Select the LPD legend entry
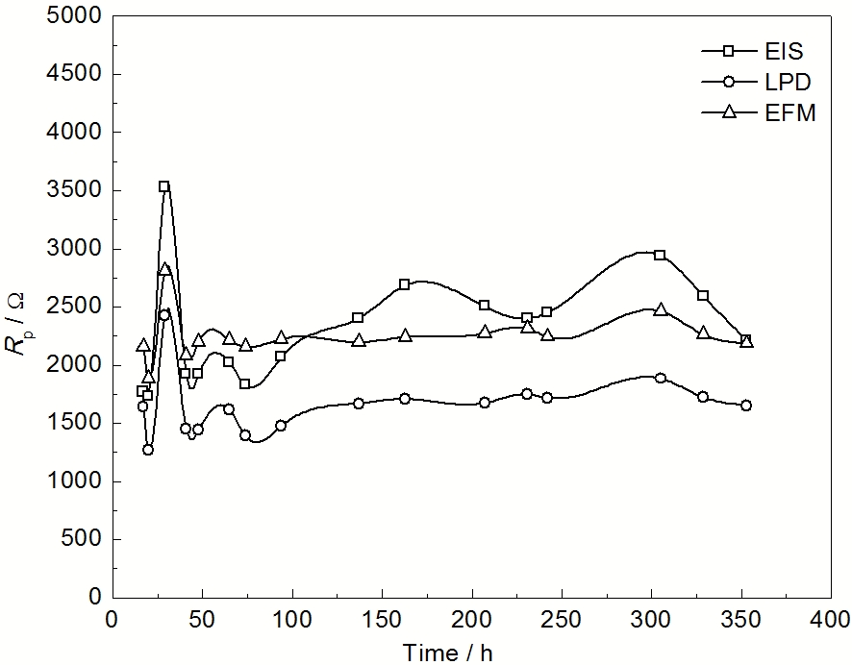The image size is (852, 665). pos(759,83)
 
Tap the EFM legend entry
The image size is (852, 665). pos(759,113)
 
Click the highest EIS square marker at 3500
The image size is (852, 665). pos(164,186)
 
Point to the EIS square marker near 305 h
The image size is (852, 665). pos(660,255)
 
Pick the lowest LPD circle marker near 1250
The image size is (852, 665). pos(148,449)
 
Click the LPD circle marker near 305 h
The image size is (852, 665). pos(660,378)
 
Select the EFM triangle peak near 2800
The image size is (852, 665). pos(164,269)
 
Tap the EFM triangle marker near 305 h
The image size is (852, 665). pos(660,309)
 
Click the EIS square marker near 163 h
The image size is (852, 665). pos(405,284)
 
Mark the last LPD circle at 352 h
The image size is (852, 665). pos(746,406)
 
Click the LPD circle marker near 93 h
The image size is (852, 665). pos(281,425)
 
